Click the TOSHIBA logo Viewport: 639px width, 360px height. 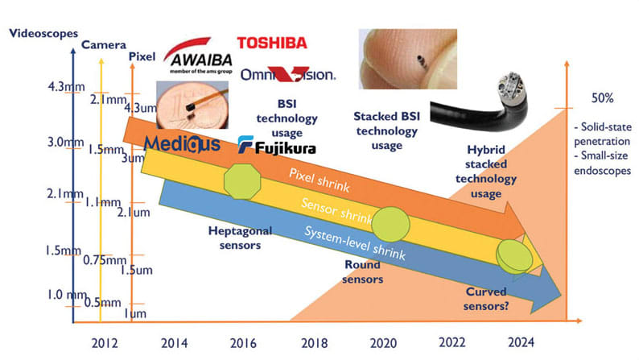pyautogui.click(x=272, y=43)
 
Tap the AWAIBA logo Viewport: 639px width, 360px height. pyautogui.click(x=199, y=56)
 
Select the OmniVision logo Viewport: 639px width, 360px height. pyautogui.click(x=288, y=75)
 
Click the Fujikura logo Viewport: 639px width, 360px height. pyautogui.click(x=277, y=146)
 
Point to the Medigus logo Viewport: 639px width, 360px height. pyautogui.click(x=182, y=143)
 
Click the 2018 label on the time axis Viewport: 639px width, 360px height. pyautogui.click(x=314, y=343)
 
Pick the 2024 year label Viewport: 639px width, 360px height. pyautogui.click(x=521, y=342)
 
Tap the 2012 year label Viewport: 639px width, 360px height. pyautogui.click(x=105, y=343)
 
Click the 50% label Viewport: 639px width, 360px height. pyautogui.click(x=602, y=98)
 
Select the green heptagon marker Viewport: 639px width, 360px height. pyautogui.click(x=242, y=181)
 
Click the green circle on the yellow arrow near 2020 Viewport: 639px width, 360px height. pyautogui.click(x=391, y=225)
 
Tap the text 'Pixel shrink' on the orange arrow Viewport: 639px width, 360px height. pyautogui.click(x=319, y=180)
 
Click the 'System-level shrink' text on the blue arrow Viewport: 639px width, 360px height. pyautogui.click(x=355, y=243)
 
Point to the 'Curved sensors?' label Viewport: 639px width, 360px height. pyautogui.click(x=486, y=299)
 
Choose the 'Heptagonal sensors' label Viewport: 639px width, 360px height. pyautogui.click(x=240, y=238)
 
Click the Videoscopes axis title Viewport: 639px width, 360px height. pyautogui.click(x=43, y=34)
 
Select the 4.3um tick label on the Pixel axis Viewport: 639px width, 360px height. pyautogui.click(x=141, y=108)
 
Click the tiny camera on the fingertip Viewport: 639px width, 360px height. pyautogui.click(x=421, y=61)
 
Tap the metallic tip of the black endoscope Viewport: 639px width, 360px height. pyautogui.click(x=509, y=87)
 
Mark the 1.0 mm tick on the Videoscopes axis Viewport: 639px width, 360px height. pyautogui.click(x=66, y=294)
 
